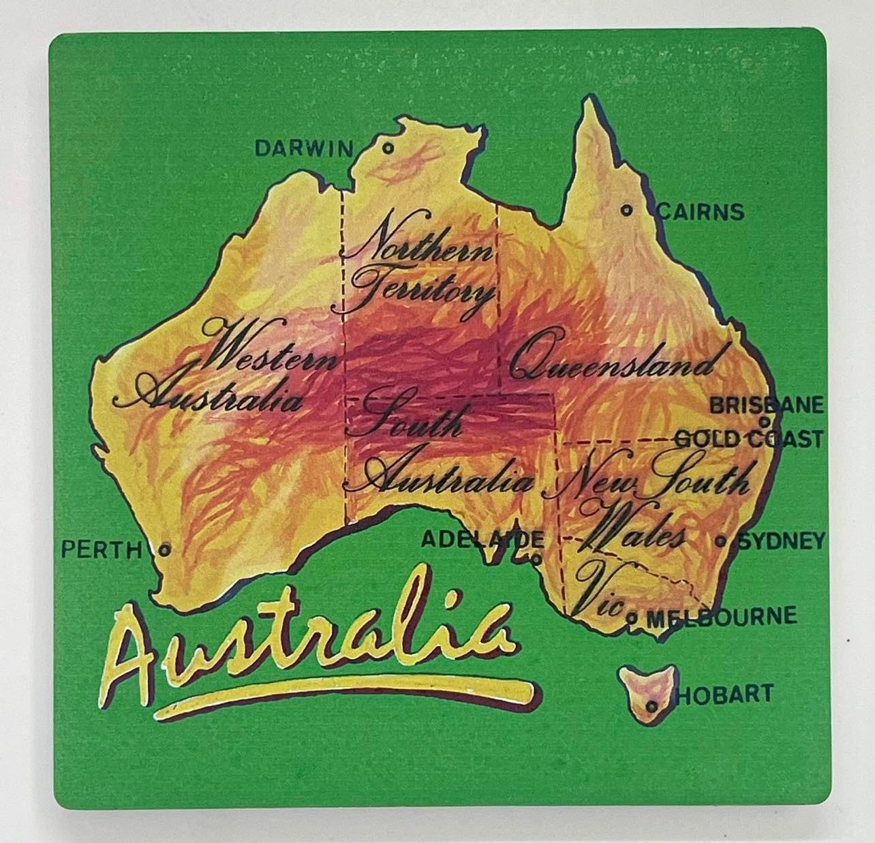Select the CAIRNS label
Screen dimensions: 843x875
pos(700,212)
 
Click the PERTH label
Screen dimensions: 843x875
pos(101,549)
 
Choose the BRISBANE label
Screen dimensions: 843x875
pos(767,405)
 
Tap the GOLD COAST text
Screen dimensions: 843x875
pos(748,438)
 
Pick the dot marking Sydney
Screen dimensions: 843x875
pos(720,542)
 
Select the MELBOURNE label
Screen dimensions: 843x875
pos(721,617)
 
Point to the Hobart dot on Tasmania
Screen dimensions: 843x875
pos(653,707)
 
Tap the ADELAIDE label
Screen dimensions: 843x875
pos(482,540)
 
